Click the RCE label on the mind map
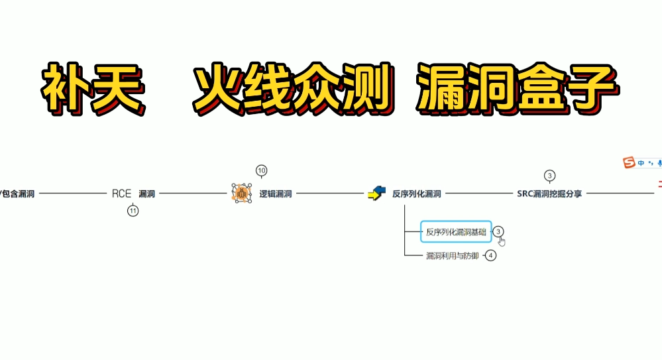[x=121, y=194]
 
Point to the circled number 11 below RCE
[x=133, y=211]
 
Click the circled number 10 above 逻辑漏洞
[x=261, y=171]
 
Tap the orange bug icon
[x=241, y=194]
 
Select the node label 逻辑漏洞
[x=276, y=194]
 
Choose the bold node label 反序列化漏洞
[x=416, y=194]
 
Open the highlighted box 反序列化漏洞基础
[x=456, y=231]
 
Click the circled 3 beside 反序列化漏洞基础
[x=498, y=231]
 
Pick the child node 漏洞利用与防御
[x=452, y=256]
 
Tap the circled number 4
[x=490, y=256]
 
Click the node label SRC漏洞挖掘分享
[x=549, y=194]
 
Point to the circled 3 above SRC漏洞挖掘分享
[x=549, y=176]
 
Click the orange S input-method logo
[x=629, y=162]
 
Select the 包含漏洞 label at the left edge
[x=19, y=194]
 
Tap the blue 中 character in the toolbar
[x=641, y=162]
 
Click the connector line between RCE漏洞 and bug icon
[x=192, y=194]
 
